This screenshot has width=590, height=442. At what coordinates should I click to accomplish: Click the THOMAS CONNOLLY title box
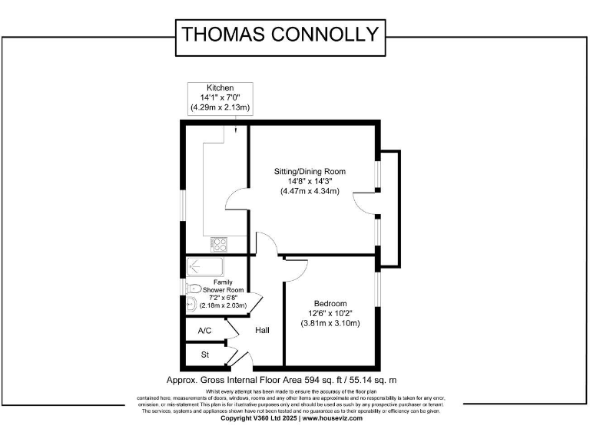point(279,35)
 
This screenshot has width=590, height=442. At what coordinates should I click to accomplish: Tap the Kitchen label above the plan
point(220,87)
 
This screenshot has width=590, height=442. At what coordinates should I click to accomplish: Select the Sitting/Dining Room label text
point(310,171)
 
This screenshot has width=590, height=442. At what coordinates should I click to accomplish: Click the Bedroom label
point(330,303)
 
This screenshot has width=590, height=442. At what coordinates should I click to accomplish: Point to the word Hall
point(263,331)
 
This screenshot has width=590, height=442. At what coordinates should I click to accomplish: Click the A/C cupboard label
point(204,331)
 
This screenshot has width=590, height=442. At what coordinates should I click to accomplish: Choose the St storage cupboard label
point(205,355)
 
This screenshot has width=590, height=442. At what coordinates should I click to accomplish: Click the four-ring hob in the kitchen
point(220,245)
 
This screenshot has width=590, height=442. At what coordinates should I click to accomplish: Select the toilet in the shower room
point(193,288)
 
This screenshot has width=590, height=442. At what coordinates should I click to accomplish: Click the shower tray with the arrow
point(204,267)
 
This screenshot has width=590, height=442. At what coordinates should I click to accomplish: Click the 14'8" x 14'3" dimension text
point(310,181)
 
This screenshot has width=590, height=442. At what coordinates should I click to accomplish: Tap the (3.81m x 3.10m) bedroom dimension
point(330,323)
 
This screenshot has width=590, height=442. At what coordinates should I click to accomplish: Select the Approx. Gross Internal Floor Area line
point(281,380)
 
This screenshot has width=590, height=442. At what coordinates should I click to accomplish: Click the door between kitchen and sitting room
point(236,206)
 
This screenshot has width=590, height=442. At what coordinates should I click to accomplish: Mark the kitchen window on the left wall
point(183,206)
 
